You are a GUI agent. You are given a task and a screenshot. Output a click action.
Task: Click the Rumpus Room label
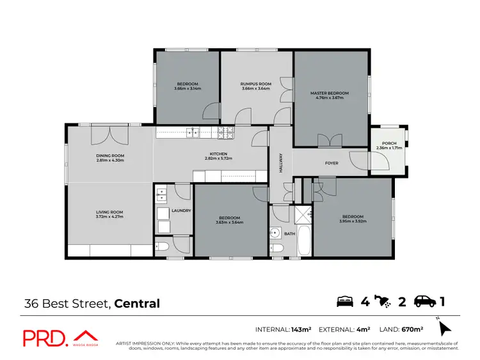(x=256, y=84)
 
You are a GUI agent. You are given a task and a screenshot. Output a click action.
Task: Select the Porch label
(x=388, y=143)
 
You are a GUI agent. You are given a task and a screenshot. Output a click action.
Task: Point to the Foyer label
(x=332, y=163)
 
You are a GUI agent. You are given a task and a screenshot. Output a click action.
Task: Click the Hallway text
(x=280, y=162)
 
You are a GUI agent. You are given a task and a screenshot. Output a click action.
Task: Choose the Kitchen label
(x=219, y=153)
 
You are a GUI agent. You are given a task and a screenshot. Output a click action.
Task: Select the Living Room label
(x=109, y=212)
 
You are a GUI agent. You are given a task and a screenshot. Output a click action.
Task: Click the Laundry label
(x=181, y=210)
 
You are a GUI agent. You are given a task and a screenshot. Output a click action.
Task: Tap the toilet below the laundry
(x=163, y=246)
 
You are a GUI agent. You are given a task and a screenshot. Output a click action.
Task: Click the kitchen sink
(x=193, y=132)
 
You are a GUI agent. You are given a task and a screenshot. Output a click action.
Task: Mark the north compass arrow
(x=445, y=329)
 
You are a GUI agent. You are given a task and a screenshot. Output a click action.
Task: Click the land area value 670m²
(x=412, y=329)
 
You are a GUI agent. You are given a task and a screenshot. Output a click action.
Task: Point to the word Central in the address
(x=138, y=303)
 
